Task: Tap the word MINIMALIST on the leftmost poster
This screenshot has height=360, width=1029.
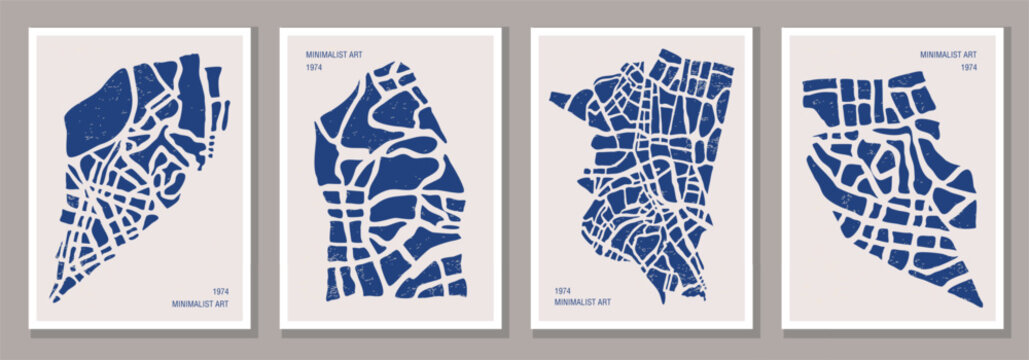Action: (193, 303)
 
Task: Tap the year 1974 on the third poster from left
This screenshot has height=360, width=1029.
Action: (562, 291)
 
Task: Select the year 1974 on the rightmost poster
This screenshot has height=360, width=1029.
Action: (968, 67)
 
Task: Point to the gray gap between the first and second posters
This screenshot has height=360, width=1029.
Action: (265, 180)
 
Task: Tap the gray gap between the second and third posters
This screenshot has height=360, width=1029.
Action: (515, 180)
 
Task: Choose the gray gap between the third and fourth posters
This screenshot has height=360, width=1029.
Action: (767, 180)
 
